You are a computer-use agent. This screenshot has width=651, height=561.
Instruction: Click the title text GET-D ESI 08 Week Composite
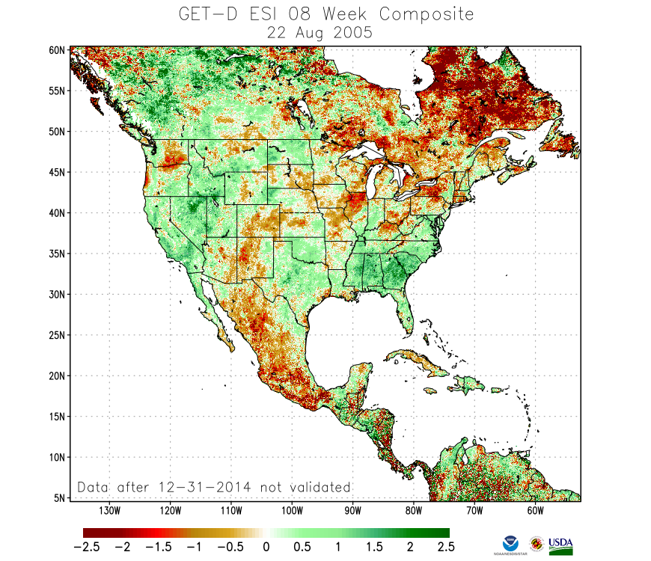(x=325, y=13)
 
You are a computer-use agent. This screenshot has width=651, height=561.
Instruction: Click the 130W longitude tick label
(x=109, y=511)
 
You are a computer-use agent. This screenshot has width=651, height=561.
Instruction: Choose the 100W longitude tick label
(x=292, y=511)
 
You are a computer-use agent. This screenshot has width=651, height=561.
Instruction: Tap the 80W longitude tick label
(x=413, y=511)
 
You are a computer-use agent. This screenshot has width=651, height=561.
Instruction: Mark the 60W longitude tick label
(x=534, y=511)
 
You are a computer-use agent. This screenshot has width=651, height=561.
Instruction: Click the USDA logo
(x=560, y=545)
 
